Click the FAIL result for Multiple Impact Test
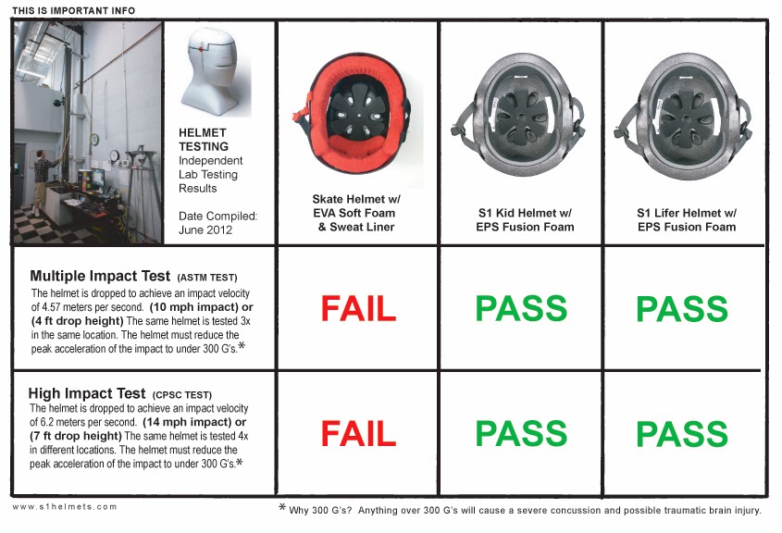[358, 308]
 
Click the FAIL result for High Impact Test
[358, 433]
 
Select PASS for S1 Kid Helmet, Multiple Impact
[521, 308]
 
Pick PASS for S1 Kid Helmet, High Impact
[521, 433]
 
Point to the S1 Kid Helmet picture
[520, 108]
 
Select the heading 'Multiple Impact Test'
[100, 276]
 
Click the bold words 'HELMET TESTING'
[204, 141]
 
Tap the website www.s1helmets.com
[66, 507]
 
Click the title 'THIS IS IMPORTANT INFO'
[73, 11]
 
